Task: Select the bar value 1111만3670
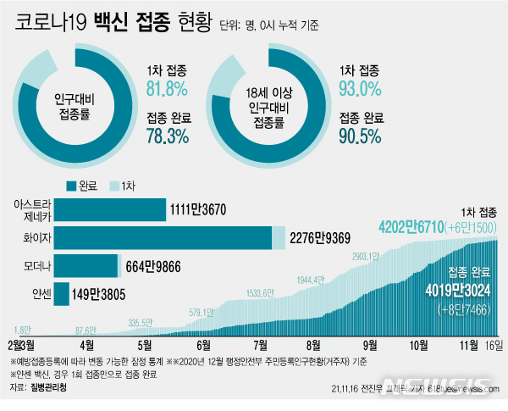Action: pos(199,209)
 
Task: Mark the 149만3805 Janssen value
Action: pos(100,295)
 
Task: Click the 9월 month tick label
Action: pos(370,345)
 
